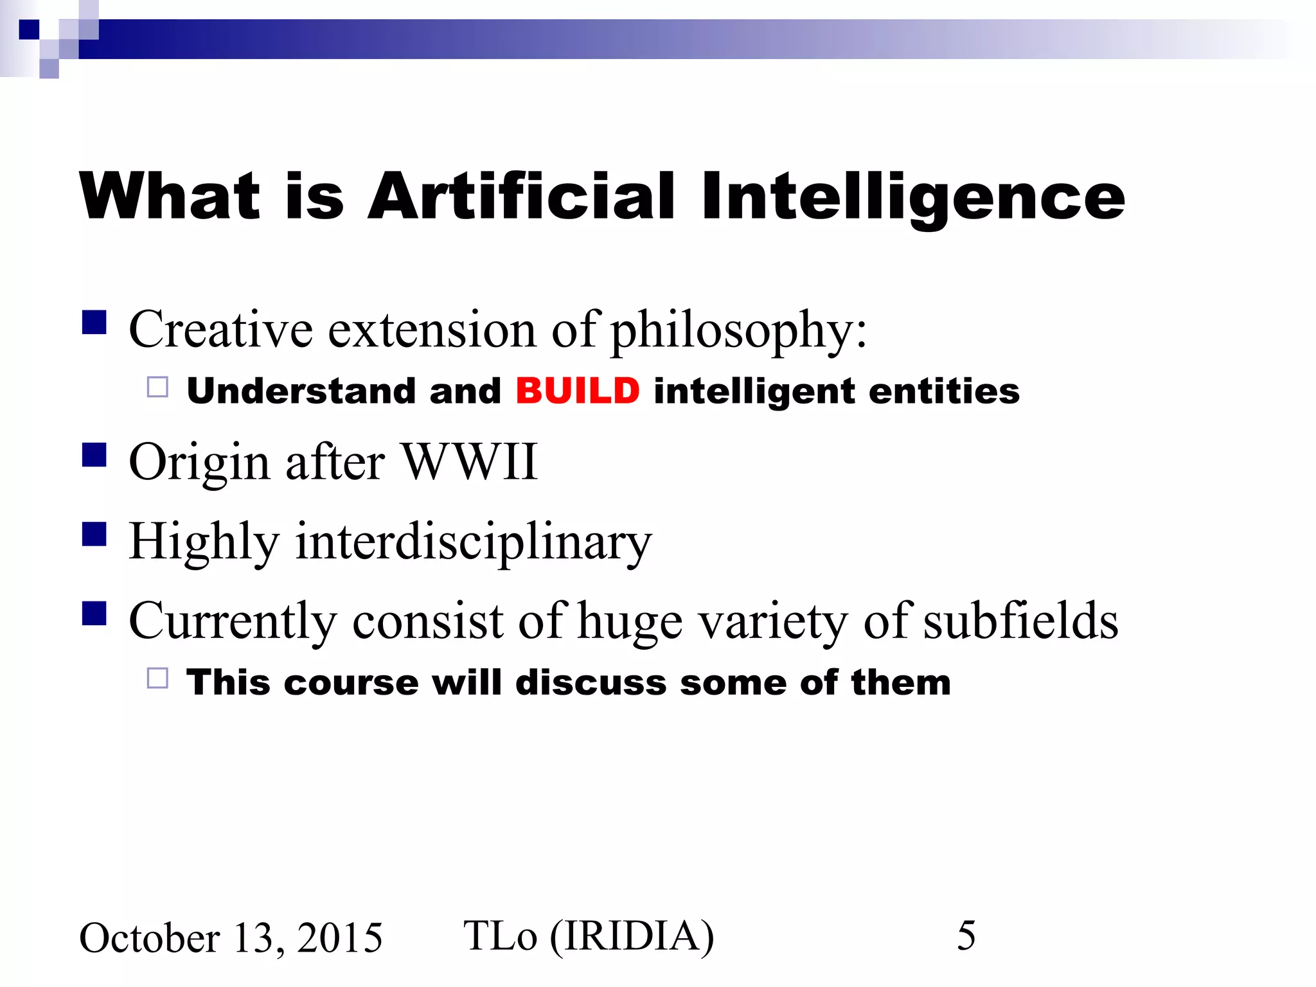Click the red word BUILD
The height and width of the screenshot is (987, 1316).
[x=577, y=391]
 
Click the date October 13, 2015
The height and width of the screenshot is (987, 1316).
[x=231, y=938]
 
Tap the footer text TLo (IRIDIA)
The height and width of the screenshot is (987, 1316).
[x=588, y=936]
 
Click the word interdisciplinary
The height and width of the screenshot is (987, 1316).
[x=473, y=541]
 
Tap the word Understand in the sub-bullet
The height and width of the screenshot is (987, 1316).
[x=301, y=391]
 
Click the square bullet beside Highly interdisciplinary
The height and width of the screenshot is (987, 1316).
[x=94, y=534]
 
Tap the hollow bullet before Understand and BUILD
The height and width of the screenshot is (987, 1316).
[x=157, y=387]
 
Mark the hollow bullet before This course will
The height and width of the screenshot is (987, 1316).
[x=157, y=678]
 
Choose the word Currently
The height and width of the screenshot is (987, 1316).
[x=233, y=621]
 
